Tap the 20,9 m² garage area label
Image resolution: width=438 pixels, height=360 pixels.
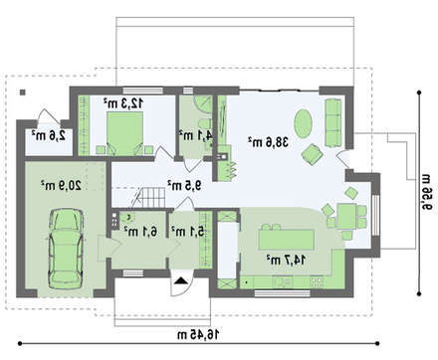(x=61, y=184)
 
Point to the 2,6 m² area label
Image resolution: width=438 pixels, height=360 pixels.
(x=47, y=134)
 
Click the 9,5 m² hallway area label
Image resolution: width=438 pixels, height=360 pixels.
(x=183, y=184)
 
